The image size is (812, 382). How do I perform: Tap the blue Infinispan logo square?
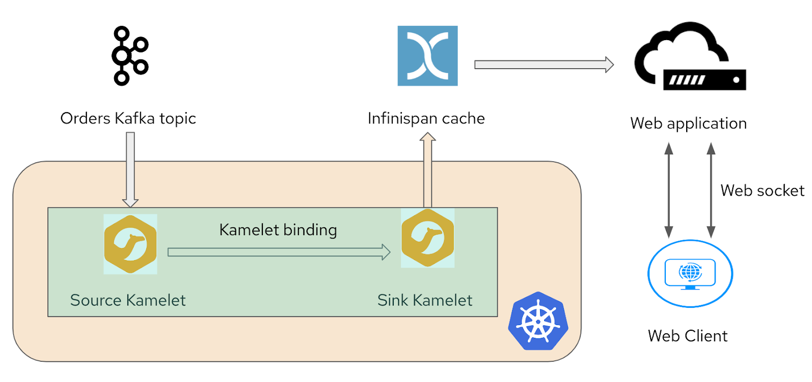coord(427,56)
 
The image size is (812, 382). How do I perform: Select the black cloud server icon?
coord(690,56)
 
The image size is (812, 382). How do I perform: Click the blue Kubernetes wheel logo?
coord(538,321)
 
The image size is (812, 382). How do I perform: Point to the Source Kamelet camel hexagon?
coord(130,244)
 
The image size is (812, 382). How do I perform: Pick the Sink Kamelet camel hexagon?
coord(427,238)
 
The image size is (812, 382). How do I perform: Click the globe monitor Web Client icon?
coord(690,273)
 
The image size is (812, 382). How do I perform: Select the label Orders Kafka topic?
coord(128,119)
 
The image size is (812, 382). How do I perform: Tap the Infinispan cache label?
coord(426,118)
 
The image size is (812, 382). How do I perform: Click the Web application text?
coord(688,124)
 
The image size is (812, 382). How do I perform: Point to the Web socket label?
coord(762,190)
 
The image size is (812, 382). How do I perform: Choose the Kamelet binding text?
coord(278,230)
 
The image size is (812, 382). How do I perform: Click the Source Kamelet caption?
coord(127,300)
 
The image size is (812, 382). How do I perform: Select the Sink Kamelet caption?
coord(424,300)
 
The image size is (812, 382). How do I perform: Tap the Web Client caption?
coord(687,336)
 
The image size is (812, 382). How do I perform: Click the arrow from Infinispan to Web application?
coord(544,65)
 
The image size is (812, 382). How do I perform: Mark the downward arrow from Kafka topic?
coord(130,170)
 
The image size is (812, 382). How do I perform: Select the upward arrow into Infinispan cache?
coord(428,170)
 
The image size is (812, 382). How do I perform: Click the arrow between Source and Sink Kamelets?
coord(279,252)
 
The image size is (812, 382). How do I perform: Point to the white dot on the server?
coord(736,80)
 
